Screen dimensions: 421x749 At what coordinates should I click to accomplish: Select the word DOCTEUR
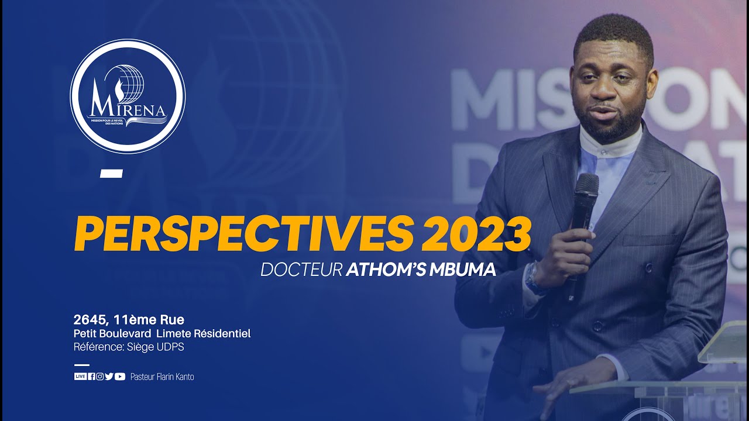[x=301, y=270]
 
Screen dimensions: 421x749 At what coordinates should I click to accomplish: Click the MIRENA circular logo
[x=128, y=96]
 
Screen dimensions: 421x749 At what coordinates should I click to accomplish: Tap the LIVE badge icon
[x=80, y=377]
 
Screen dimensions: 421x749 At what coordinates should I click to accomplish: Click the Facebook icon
[x=91, y=377]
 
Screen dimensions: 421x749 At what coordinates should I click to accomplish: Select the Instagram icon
[x=99, y=377]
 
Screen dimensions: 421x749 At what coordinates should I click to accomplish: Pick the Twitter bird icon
[x=109, y=377]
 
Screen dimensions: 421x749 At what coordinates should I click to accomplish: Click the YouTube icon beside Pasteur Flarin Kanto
[x=120, y=377]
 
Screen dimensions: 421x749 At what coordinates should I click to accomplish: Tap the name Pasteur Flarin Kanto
[x=162, y=377]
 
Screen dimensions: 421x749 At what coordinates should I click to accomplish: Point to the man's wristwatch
[x=533, y=277]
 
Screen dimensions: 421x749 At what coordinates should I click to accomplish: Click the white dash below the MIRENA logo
[x=111, y=173]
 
